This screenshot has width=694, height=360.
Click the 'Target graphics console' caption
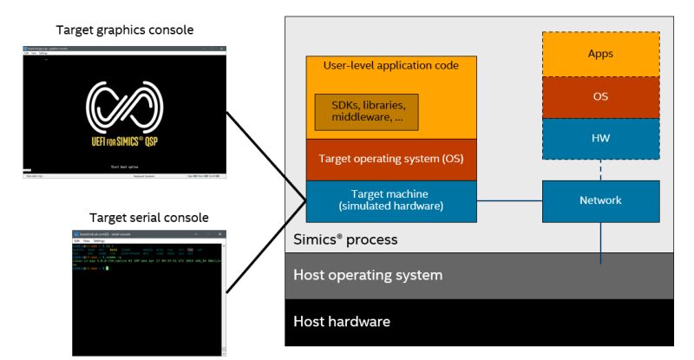click(124, 30)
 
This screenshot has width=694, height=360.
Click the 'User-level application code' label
click(390, 65)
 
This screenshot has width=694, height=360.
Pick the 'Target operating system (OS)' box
click(390, 160)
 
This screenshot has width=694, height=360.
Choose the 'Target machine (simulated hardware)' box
click(390, 200)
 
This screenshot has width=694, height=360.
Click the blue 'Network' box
click(600, 200)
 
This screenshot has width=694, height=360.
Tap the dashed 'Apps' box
click(600, 54)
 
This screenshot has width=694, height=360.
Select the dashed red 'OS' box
click(600, 96)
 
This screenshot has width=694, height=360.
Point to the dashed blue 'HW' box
click(600, 138)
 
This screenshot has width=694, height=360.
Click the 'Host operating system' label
click(368, 275)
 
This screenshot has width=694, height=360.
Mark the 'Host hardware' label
click(342, 321)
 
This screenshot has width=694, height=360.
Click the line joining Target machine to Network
click(509, 201)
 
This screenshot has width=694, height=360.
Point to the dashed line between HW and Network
click(600, 170)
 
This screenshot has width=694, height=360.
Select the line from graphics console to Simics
click(265, 156)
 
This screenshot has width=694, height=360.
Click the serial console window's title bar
click(148, 234)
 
